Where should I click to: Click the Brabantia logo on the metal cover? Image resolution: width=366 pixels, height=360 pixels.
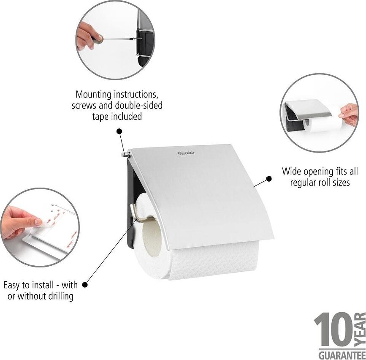click(186, 153)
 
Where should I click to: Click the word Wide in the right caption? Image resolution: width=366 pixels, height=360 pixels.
click(292, 172)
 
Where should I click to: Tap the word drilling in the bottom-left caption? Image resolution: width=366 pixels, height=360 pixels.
click(57, 296)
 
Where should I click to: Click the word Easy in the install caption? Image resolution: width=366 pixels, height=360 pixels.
click(12, 285)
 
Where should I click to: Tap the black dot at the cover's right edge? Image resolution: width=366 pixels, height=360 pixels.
click(268, 179)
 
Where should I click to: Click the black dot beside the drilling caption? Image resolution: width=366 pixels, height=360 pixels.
click(85, 285)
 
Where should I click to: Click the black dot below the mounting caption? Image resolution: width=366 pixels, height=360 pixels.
click(119, 131)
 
